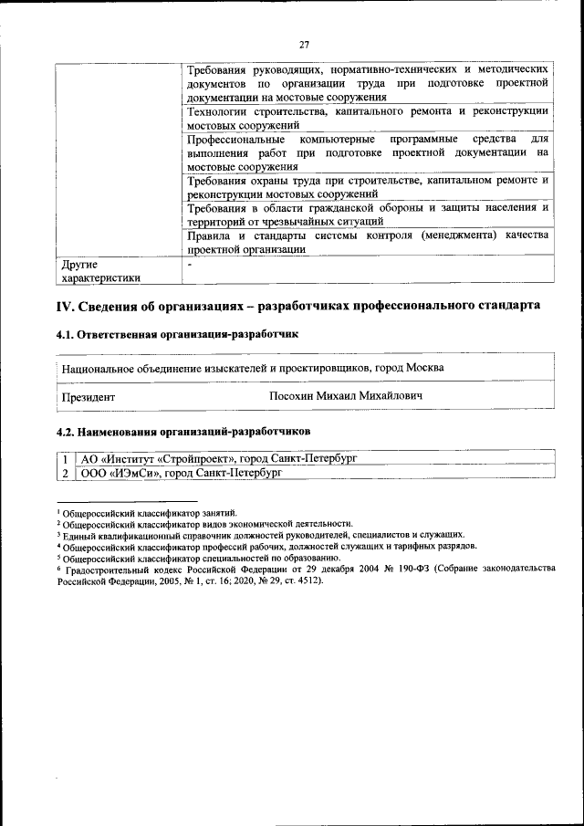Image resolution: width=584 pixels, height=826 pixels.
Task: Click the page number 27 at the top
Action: pos(304,45)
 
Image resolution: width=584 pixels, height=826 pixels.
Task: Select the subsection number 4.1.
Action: pos(66,335)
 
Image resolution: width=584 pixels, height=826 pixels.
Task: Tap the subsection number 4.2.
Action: pos(66,429)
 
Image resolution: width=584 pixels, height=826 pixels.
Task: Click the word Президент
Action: pos(89,397)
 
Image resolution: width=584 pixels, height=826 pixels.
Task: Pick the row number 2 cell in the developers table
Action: pos(65,473)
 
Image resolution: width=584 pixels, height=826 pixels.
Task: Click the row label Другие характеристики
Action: pos(100,272)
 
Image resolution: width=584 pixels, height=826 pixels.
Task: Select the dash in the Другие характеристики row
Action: pos(189,265)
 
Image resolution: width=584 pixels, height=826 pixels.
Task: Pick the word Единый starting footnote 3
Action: pos(78,535)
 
